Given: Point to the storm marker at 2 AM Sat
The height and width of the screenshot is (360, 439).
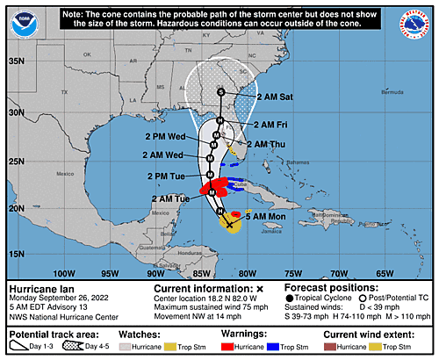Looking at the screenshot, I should [221, 92].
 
